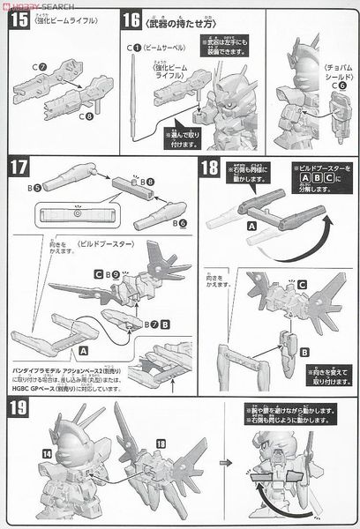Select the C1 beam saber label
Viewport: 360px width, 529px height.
click(131, 46)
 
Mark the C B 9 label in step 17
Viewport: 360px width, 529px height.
click(104, 276)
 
